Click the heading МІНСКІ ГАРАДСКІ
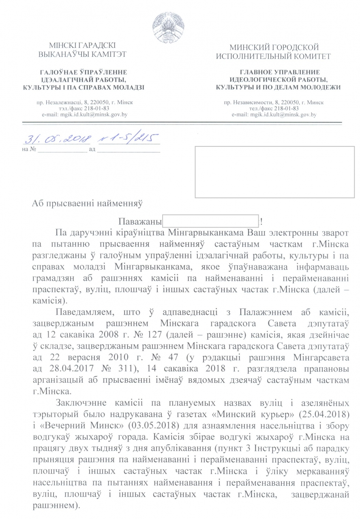(82, 46)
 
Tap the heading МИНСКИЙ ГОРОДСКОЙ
(274, 48)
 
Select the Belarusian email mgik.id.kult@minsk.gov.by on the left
(85, 115)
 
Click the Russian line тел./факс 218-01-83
(274, 109)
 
